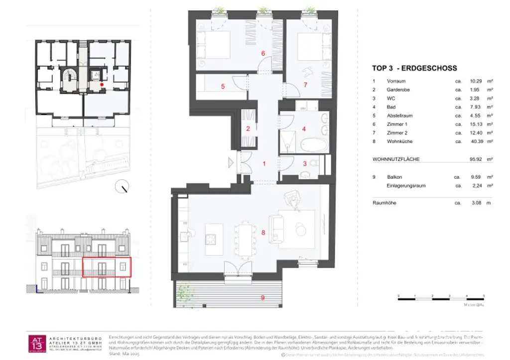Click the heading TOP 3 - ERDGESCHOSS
click(x=414, y=68)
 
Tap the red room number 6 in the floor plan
click(x=262, y=53)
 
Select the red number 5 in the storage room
click(x=223, y=86)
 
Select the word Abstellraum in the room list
click(x=399, y=116)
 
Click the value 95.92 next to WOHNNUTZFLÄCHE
click(x=475, y=159)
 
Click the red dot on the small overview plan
click(x=102, y=85)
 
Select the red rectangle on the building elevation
click(x=106, y=267)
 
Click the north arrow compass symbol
click(x=122, y=187)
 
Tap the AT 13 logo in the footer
click(x=38, y=344)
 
